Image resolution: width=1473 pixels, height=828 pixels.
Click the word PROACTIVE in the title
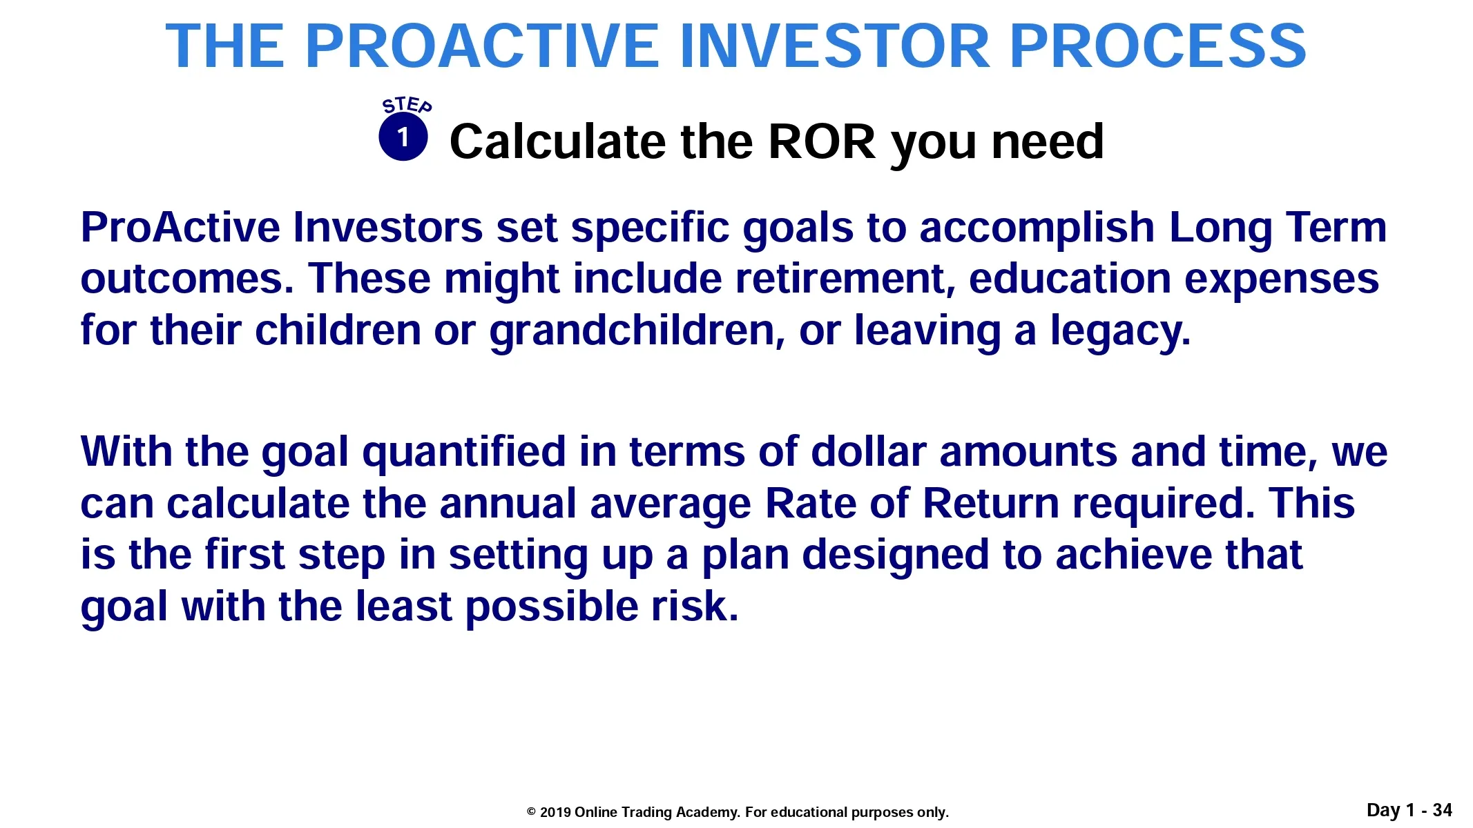coord(481,46)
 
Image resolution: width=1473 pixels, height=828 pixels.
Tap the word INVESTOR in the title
coord(835,46)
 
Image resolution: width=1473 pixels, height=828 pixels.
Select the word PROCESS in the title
coord(1158,46)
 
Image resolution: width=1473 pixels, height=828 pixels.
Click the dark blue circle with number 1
coord(403,137)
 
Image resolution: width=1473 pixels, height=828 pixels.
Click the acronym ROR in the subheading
coord(822,141)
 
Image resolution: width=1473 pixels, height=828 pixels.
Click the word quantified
coord(464,453)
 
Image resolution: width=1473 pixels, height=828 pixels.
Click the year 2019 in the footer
coord(555,812)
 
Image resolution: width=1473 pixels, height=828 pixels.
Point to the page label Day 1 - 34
coord(1409,810)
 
